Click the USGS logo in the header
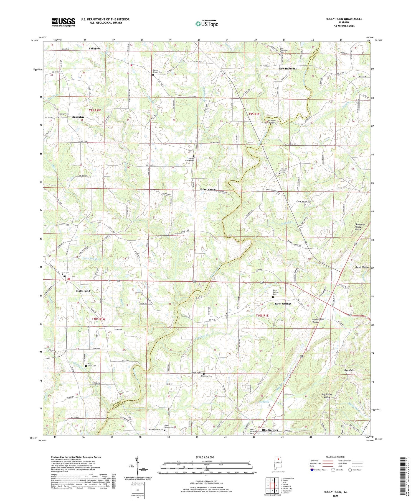(63, 22)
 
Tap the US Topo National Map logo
(207, 24)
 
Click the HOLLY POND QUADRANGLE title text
(344, 19)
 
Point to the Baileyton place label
(95, 48)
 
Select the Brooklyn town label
(78, 117)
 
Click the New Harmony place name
(288, 68)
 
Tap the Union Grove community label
(207, 189)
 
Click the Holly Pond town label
(83, 291)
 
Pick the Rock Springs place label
(283, 303)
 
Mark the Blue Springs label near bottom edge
(270, 430)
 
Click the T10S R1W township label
(99, 319)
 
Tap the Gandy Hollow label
(362, 267)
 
